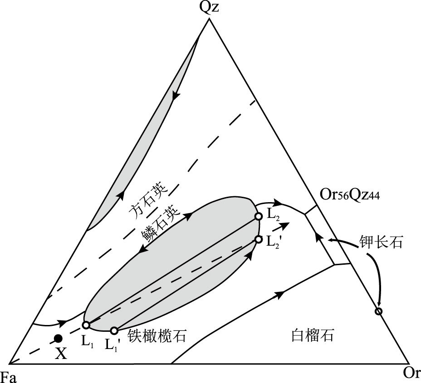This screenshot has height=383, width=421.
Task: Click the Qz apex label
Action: click(209, 9)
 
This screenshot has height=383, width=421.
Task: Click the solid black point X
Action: click(58, 338)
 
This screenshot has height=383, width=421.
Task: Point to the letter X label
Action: click(61, 353)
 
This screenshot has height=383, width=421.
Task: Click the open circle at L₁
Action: click(86, 325)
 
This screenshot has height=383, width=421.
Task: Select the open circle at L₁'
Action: click(114, 330)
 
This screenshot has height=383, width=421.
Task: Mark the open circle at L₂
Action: click(258, 217)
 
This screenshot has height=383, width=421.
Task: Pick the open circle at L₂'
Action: click(258, 239)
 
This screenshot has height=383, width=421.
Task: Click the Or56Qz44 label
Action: click(349, 197)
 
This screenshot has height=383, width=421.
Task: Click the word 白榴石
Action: click(312, 336)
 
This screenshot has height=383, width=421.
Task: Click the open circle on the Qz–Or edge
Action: click(379, 311)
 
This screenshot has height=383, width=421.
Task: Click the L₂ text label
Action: click(274, 216)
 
